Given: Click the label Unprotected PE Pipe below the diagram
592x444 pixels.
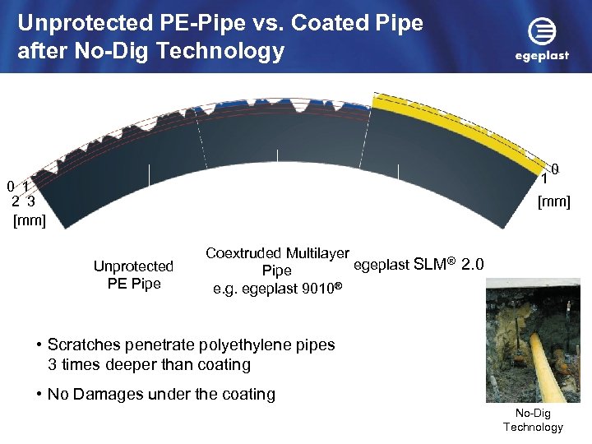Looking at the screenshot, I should coord(133,275).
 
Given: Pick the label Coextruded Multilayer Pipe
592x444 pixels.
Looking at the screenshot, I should coord(277,261).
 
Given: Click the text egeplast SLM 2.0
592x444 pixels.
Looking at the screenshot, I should coord(419,264).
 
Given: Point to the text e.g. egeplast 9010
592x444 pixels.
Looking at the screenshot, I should coord(277,289).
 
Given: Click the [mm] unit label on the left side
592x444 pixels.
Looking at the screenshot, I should coord(30,220).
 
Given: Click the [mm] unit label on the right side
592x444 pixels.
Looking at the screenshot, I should coord(553,201).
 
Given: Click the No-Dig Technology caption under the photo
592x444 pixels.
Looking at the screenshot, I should coord(533,419).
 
